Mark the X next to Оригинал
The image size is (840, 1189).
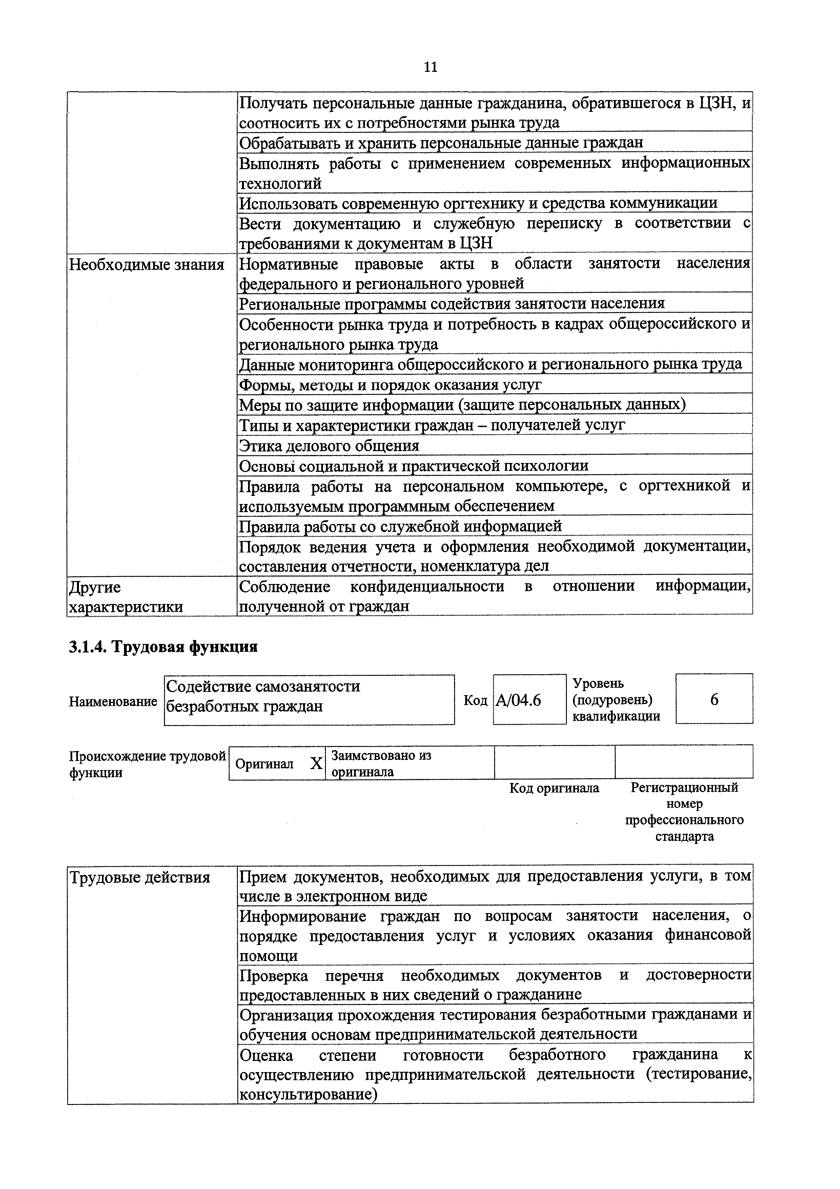click(x=316, y=763)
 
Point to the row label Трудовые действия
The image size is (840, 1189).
click(x=140, y=877)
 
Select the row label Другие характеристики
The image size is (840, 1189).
click(x=126, y=597)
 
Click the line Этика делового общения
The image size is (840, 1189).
click(x=329, y=445)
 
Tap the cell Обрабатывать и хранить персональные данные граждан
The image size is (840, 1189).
click(x=441, y=142)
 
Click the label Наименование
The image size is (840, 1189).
click(x=113, y=701)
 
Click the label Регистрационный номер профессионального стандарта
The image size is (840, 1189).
click(x=684, y=811)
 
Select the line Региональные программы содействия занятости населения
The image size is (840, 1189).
click(x=452, y=303)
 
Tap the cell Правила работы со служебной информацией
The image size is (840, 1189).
click(x=400, y=526)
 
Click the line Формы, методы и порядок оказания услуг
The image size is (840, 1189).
click(x=390, y=385)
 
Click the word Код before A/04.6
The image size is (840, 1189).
click(x=475, y=700)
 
